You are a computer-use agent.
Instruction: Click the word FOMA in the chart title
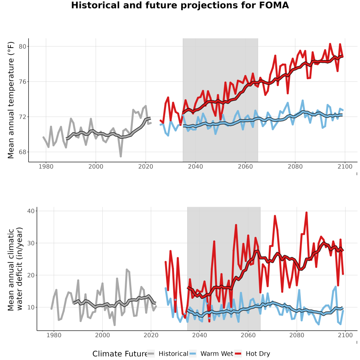[x=274, y=5]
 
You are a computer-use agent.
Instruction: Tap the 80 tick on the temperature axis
[x=22, y=47]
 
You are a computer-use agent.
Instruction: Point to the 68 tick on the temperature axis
[x=22, y=152]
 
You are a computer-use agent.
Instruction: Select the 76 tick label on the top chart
[x=22, y=82]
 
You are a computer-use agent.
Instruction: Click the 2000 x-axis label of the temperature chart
[x=96, y=166]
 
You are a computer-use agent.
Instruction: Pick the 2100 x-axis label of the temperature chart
[x=345, y=166]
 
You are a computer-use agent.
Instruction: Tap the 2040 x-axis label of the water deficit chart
[x=200, y=335]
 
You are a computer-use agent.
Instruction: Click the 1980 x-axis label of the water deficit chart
[x=54, y=335]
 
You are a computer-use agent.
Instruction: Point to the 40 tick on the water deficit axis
[x=31, y=211]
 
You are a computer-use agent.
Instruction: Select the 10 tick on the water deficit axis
[x=31, y=307]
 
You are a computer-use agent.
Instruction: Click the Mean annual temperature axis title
[x=11, y=100]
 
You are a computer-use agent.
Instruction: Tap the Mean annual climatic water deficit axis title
[x=15, y=269]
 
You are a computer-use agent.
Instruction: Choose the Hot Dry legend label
[x=258, y=354]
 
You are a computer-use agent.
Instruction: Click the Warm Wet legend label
[x=217, y=354]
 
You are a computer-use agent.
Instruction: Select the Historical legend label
[x=173, y=354]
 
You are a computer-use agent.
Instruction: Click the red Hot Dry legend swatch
[x=238, y=354]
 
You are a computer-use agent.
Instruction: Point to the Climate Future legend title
[x=120, y=354]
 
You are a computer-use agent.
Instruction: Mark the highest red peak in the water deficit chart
[x=306, y=213]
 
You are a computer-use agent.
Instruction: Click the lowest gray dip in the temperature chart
[x=121, y=156]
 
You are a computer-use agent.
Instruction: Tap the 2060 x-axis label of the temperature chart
[x=245, y=166]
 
